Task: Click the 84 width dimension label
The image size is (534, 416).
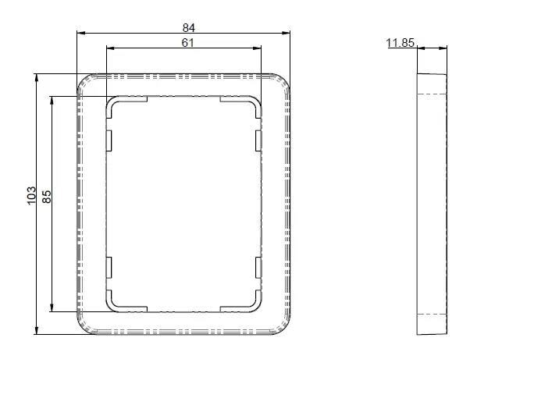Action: pos(188,27)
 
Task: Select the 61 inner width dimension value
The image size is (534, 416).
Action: pos(187,43)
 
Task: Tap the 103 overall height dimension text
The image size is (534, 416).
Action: pos(31,195)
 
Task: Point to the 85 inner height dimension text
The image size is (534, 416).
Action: pos(46,197)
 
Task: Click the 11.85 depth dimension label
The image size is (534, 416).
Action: pos(400,43)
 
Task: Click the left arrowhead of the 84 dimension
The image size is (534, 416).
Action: pos(80,33)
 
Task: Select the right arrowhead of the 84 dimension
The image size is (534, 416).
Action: pos(286,33)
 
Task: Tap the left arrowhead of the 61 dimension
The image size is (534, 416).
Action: pos(110,48)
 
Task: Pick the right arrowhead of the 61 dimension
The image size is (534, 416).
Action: pos(257,48)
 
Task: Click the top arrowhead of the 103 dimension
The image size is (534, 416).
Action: pos(37,77)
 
